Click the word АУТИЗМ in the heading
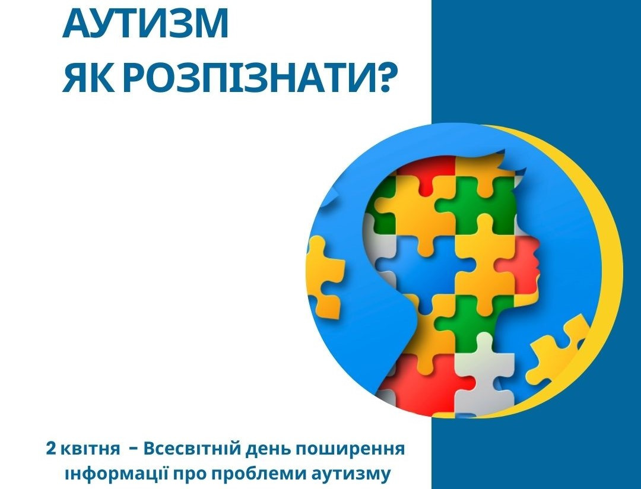[145, 24]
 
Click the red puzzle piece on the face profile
[520, 266]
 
